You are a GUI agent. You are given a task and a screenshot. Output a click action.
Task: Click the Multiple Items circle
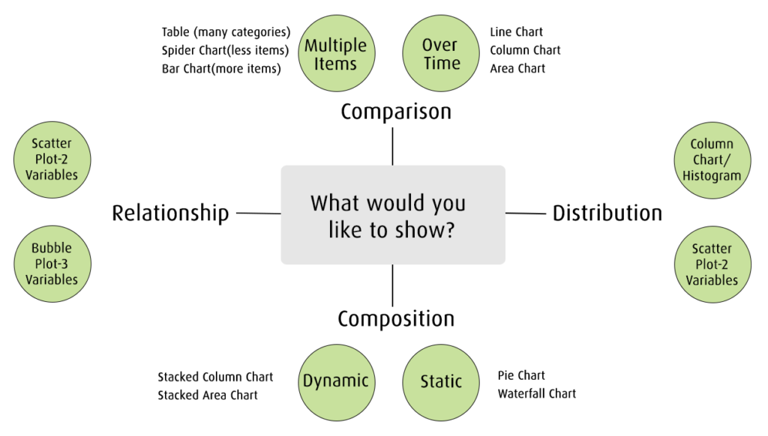pyautogui.click(x=335, y=54)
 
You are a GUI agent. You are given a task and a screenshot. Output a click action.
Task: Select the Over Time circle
pyautogui.click(x=441, y=54)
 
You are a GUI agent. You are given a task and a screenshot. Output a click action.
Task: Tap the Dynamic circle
pyautogui.click(x=335, y=381)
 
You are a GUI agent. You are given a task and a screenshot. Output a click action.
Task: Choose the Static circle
pyautogui.click(x=441, y=381)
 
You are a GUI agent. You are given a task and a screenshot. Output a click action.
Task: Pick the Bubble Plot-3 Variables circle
pyautogui.click(x=52, y=264)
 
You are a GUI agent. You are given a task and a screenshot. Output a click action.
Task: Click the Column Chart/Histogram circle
pyautogui.click(x=712, y=160)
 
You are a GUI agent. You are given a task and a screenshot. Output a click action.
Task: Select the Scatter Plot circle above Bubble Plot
pyautogui.click(x=52, y=159)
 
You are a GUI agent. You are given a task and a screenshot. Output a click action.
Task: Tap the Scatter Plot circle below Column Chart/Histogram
pyautogui.click(x=712, y=264)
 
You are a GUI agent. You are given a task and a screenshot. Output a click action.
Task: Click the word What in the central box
pyautogui.click(x=334, y=203)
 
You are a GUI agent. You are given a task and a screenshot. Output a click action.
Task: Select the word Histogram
pyautogui.click(x=712, y=176)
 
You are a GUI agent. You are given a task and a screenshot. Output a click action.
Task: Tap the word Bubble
pyautogui.click(x=52, y=248)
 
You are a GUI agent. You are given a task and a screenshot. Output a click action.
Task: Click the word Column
pyautogui.click(x=712, y=144)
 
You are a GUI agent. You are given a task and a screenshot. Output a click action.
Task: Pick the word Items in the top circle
pyautogui.click(x=335, y=64)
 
